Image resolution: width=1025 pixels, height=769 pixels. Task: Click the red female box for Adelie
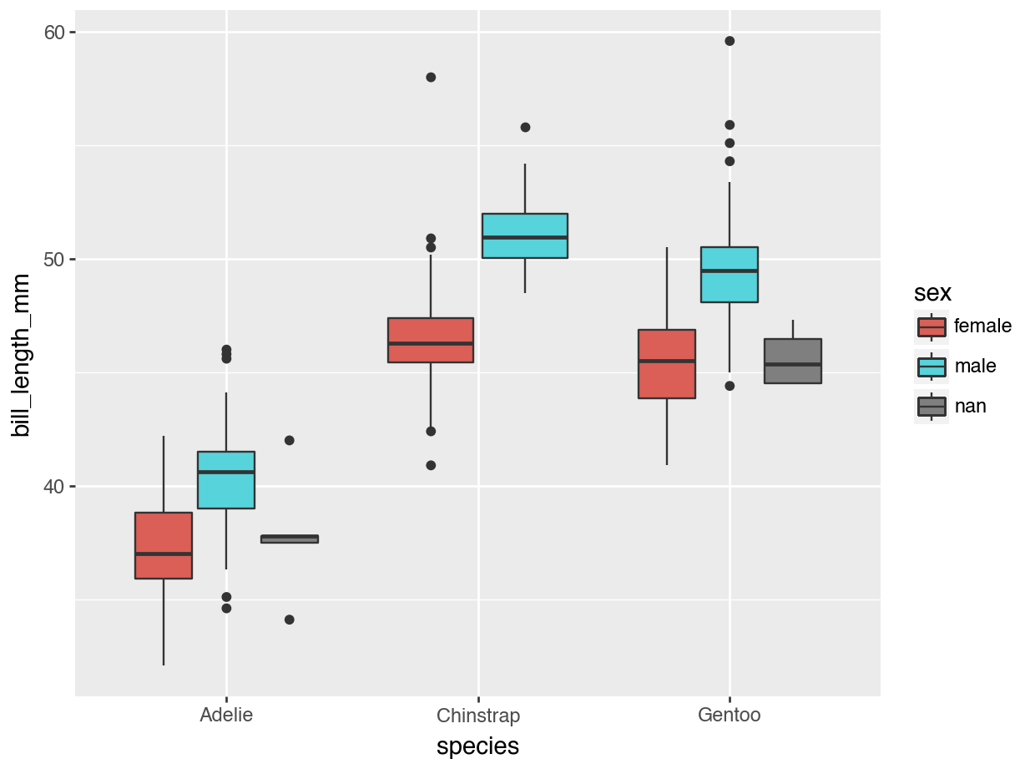[x=164, y=544]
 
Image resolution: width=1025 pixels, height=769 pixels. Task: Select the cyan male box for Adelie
[x=226, y=479]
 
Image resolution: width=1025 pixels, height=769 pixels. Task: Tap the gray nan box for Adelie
[x=290, y=539]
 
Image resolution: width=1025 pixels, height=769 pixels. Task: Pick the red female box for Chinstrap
[x=431, y=340]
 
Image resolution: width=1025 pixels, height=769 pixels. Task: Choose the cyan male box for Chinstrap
[x=525, y=235]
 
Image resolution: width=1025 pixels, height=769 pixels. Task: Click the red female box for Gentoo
[x=667, y=363]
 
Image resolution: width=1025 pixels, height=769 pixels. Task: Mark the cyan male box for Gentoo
[x=730, y=274]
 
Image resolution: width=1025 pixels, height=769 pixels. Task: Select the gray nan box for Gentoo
[x=793, y=361]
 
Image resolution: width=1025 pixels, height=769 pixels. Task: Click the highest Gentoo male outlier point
[x=730, y=41]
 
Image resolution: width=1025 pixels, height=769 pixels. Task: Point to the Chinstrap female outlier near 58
[x=431, y=77]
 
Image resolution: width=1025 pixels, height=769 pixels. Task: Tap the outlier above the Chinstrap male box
[x=525, y=127]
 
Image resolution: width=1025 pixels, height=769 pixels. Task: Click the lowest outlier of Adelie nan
[x=290, y=620]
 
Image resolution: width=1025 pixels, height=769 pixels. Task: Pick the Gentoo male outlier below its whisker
[x=730, y=386]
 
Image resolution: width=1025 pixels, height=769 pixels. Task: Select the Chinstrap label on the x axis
[x=478, y=716]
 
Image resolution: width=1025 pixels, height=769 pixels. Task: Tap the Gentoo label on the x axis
[x=730, y=716]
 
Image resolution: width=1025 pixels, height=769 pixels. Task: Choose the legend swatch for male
[x=932, y=367]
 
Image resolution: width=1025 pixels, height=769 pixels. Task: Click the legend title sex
[x=933, y=293]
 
